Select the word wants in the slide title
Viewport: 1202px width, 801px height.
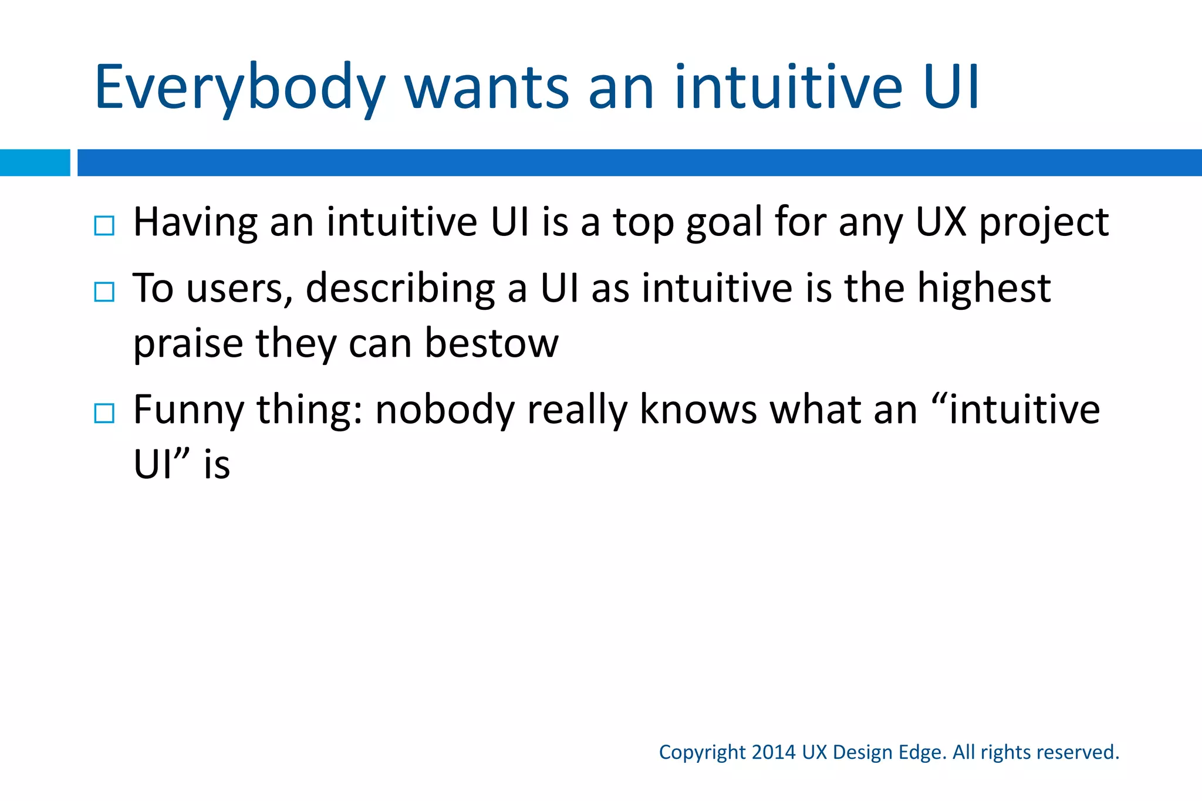coord(487,88)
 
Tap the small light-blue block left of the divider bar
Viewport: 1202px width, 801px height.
coord(35,163)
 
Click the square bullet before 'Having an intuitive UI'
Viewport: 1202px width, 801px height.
coord(104,225)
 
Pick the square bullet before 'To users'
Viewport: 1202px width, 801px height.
coord(104,291)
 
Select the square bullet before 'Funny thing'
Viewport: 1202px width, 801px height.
coord(104,413)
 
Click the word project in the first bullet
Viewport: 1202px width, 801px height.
coord(1044,224)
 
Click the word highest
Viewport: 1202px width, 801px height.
coord(984,289)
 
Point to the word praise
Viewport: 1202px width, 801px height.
coord(188,344)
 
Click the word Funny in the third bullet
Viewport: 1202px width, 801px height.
coord(188,410)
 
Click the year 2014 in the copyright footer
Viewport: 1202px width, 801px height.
coord(774,752)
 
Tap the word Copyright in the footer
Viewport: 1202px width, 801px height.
coord(702,753)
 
